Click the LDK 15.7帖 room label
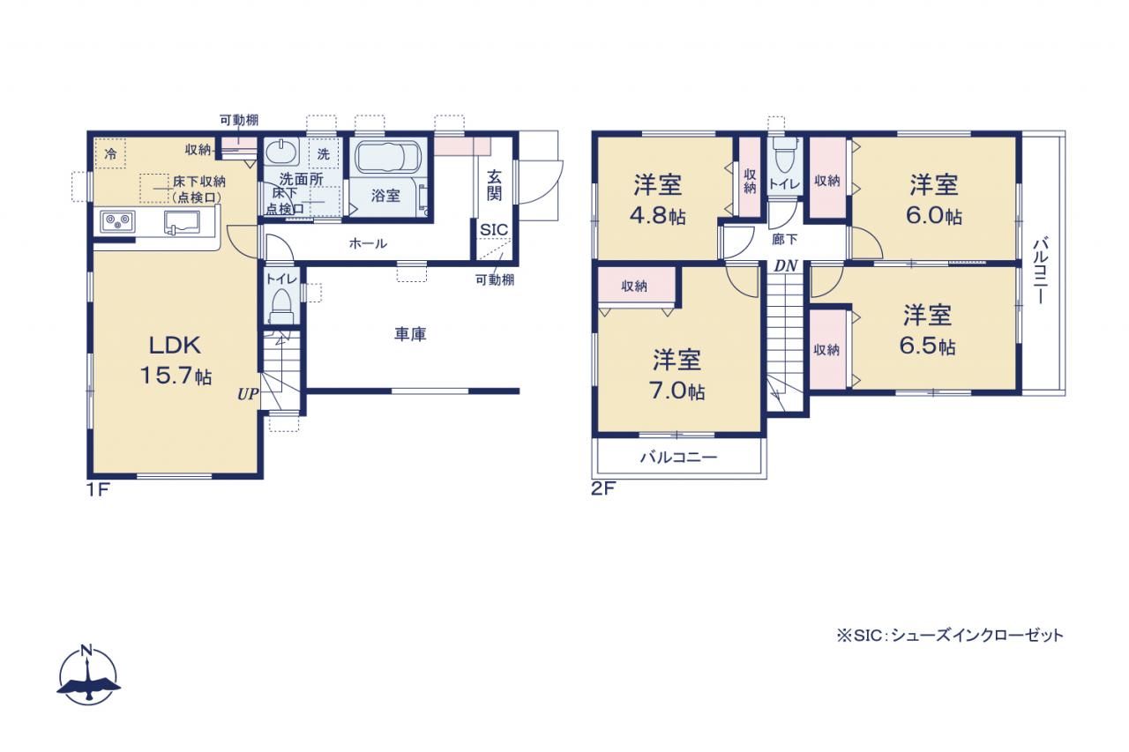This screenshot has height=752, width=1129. (176, 361)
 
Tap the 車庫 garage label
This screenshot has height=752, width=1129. (410, 334)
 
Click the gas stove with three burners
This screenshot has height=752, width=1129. (117, 221)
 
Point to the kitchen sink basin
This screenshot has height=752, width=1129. (182, 222)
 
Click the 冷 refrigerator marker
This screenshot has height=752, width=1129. (110, 153)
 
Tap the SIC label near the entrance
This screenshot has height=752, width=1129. (494, 230)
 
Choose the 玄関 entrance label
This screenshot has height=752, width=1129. (495, 185)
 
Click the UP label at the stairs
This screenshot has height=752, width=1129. (248, 394)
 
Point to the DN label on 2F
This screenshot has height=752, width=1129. (786, 266)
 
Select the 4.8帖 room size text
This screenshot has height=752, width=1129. (657, 216)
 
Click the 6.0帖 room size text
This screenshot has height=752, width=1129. (934, 216)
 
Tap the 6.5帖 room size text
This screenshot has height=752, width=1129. (927, 346)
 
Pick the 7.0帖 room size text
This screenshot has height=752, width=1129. (677, 391)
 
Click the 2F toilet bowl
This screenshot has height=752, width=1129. (785, 156)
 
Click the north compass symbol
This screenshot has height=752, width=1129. (89, 675)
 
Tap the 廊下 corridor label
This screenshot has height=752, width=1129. (785, 240)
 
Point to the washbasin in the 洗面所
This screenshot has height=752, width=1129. (280, 151)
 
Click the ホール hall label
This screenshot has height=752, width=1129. (368, 244)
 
